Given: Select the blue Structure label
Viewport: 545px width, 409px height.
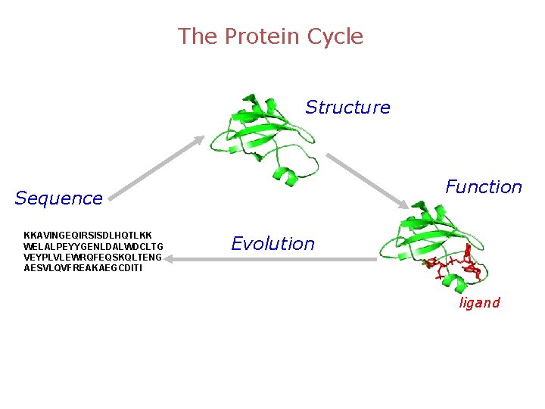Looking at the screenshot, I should [347, 108].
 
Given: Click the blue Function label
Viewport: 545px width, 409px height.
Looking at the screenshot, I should [483, 187].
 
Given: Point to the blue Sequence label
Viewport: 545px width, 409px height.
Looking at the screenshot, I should [58, 198].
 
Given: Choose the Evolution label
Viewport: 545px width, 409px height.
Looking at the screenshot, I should [272, 244].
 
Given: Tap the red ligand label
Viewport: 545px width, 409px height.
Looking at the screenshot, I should [479, 303].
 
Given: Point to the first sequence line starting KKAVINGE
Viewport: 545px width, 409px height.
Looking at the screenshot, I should [88, 236].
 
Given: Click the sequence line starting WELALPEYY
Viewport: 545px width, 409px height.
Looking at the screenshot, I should [93, 246].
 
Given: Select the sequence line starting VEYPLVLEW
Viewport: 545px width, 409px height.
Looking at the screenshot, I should [93, 257].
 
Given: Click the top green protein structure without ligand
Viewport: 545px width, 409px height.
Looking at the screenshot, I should [262, 133].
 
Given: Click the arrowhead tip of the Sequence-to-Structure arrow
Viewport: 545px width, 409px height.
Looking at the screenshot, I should [204, 136].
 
